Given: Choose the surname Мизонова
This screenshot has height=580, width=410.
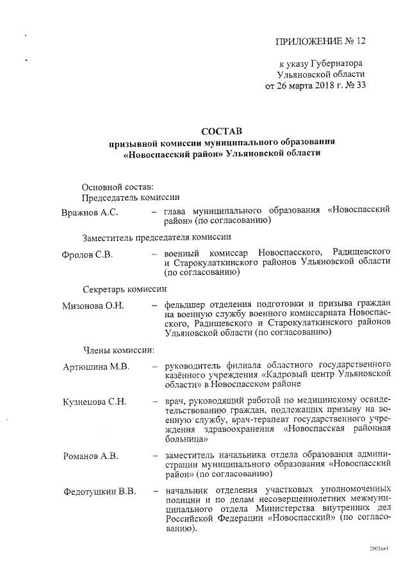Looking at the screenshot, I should coord(85,305).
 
